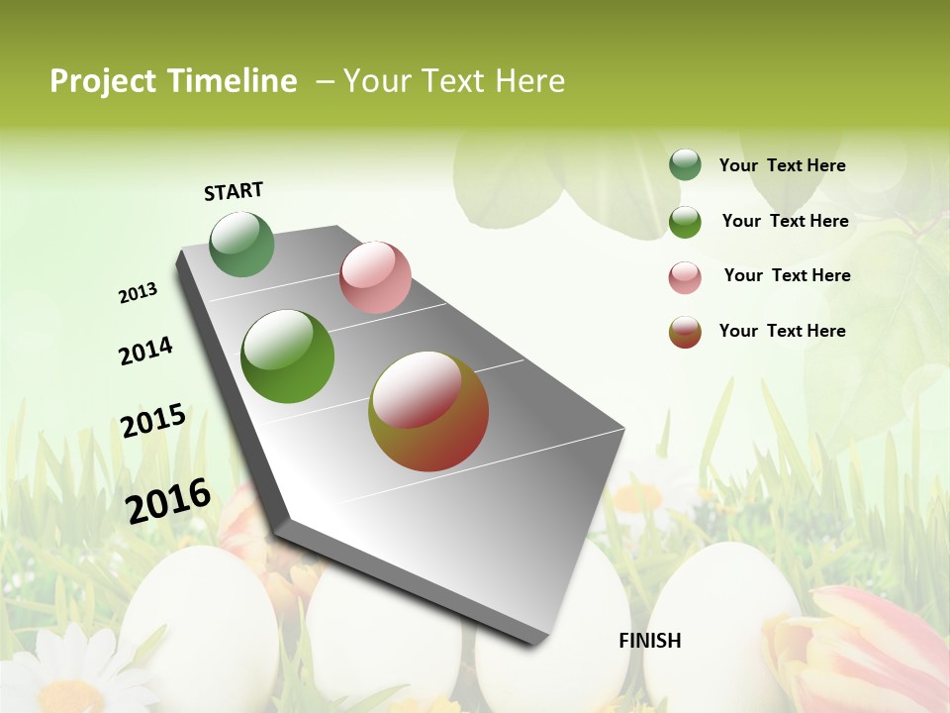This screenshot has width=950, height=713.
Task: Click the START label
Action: point(234,191)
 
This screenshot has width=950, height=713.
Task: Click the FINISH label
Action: point(649,641)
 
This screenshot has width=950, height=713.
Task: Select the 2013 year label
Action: point(139,293)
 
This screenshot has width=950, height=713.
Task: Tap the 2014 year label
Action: point(145,351)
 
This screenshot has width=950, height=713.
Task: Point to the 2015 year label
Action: point(153,421)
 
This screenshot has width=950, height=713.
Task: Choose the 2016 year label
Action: point(168,500)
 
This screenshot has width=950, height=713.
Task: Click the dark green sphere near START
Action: point(242,244)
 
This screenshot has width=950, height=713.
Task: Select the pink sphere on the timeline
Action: point(375,277)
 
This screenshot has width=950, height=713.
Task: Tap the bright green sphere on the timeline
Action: point(288,356)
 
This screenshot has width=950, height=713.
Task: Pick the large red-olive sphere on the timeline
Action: point(428,411)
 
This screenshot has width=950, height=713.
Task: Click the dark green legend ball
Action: point(685,165)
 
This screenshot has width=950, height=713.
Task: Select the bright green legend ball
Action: point(685,222)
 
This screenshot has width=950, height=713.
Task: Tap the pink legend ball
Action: point(685,277)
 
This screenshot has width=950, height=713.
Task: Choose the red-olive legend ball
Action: point(685,332)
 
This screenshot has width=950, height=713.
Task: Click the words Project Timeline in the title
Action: point(173,81)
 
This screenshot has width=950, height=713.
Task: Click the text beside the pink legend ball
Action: point(787,275)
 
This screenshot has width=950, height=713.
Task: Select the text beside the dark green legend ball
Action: point(782,165)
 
